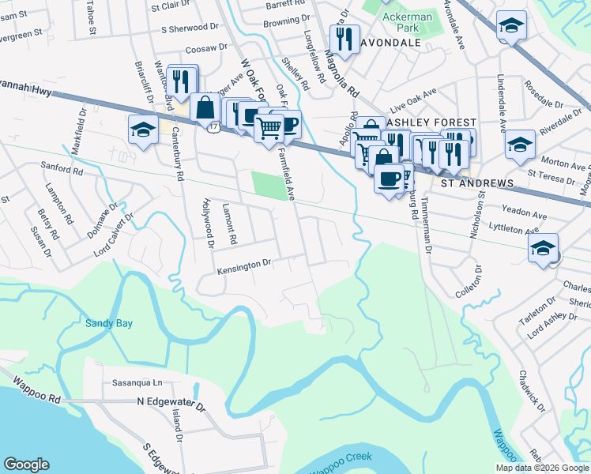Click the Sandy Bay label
110,323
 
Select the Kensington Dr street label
244,267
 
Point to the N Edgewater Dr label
171,404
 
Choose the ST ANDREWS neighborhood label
477,183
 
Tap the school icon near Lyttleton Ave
543,247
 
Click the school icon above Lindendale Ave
511,26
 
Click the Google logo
26,465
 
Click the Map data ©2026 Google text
541,468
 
